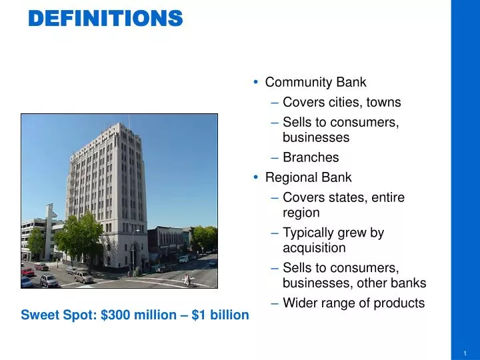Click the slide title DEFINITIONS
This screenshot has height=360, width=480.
point(105,18)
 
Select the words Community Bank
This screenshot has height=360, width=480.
point(315,83)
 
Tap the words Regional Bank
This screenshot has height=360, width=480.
point(308,177)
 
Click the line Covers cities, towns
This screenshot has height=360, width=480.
point(341,102)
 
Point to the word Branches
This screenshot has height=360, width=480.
point(311,157)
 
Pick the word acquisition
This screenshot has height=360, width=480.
point(314,248)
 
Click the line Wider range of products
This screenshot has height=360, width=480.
point(353,303)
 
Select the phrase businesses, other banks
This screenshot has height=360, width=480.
point(354,283)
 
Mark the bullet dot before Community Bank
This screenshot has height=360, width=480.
point(256,83)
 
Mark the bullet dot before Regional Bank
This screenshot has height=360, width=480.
point(256,177)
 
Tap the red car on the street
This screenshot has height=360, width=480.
point(28,271)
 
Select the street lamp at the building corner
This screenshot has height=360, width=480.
point(133,247)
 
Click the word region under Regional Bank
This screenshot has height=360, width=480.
point(301,213)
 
